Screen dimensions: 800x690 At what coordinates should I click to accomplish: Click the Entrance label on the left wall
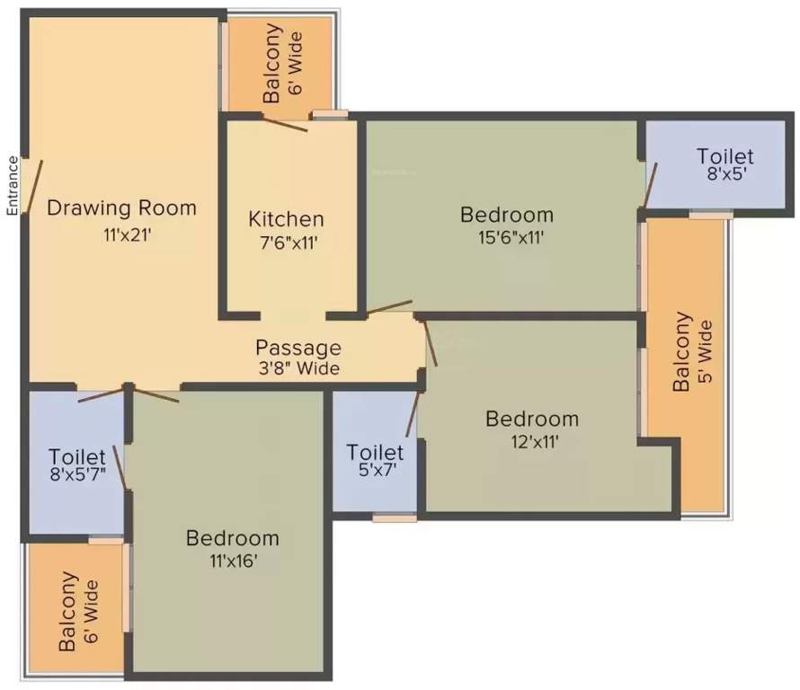(13, 186)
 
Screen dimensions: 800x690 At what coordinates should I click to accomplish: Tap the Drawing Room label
(121, 208)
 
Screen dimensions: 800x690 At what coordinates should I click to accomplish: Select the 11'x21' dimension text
(128, 235)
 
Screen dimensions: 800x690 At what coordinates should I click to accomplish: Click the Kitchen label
(286, 219)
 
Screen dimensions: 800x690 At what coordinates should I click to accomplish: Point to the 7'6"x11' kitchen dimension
(289, 243)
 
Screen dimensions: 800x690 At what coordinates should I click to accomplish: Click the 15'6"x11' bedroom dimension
(511, 238)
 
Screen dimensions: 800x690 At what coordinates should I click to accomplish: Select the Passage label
(298, 349)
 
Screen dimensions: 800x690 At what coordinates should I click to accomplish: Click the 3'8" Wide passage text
(298, 368)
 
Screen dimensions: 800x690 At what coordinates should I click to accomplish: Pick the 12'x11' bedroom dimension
(535, 442)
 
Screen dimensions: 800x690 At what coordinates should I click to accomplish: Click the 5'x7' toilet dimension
(378, 470)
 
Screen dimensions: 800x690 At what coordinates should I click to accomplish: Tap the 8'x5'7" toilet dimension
(77, 474)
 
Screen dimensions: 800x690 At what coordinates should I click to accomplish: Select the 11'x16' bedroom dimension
(233, 561)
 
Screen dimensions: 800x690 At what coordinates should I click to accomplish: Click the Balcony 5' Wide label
(691, 351)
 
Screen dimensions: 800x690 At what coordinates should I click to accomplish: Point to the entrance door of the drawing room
(34, 186)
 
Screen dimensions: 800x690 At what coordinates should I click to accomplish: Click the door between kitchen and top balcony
(284, 123)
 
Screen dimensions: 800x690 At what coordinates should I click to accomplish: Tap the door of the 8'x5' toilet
(651, 186)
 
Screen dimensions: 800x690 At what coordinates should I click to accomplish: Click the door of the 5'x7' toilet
(413, 413)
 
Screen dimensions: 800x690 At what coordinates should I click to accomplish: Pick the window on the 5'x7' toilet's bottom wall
(395, 518)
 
